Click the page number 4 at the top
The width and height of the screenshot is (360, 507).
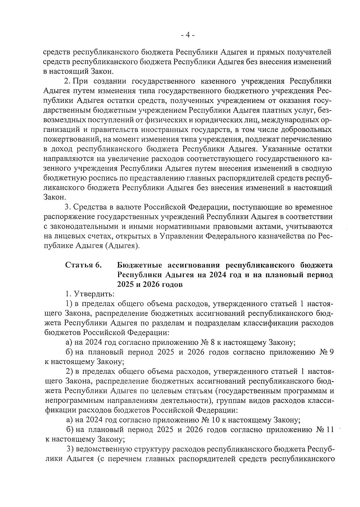pyautogui.click(x=188, y=35)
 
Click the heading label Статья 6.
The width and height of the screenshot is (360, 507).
pyautogui.click(x=84, y=265)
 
